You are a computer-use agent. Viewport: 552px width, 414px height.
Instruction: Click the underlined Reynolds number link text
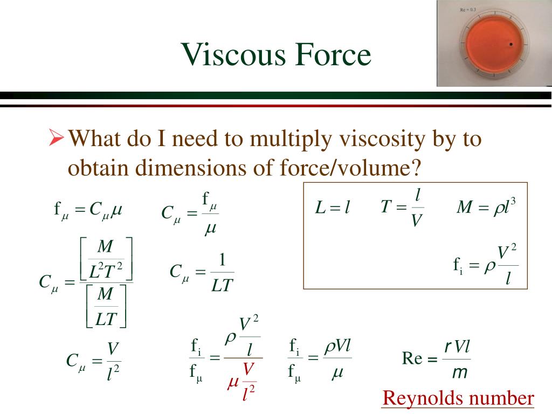click(x=458, y=399)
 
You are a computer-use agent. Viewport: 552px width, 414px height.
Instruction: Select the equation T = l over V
click(x=402, y=207)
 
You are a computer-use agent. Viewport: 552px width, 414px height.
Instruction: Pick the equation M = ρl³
click(x=486, y=208)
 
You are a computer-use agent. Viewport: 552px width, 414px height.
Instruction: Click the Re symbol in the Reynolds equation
click(x=412, y=358)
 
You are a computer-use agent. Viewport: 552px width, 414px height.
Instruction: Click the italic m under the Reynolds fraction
click(x=459, y=372)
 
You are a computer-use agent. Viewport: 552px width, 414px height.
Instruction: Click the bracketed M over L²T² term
click(x=106, y=258)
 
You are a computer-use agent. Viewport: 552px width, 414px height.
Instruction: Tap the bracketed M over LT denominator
click(x=106, y=307)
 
